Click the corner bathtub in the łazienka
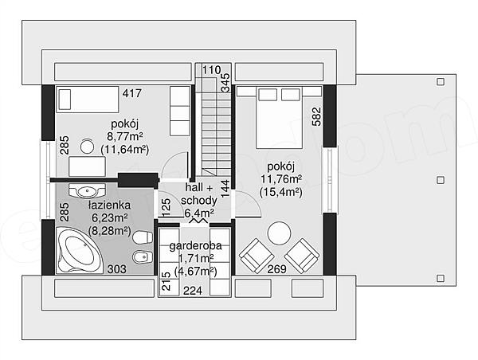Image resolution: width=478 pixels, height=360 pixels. click(x=79, y=251)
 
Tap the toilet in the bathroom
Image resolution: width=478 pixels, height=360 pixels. click(x=143, y=237)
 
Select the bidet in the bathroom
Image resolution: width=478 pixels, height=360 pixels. click(x=143, y=257)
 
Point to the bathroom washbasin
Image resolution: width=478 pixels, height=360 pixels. click(x=87, y=191)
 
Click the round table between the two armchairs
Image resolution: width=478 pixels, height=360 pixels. click(x=279, y=233)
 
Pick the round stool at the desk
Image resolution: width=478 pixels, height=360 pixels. click(x=87, y=146)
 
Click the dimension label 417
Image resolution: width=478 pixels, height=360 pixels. click(x=132, y=93)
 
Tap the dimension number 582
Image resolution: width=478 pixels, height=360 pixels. click(x=317, y=116)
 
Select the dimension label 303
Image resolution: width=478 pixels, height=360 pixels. click(x=117, y=269)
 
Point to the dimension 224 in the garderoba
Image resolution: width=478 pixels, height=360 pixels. click(x=192, y=291)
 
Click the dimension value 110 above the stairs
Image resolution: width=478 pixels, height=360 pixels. click(x=211, y=70)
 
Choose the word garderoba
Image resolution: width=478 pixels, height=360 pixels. click(x=195, y=245)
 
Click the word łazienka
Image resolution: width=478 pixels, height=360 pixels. click(x=109, y=205)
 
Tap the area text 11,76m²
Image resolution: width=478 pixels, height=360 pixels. click(x=281, y=179)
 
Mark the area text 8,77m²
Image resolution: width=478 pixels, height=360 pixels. click(x=125, y=136)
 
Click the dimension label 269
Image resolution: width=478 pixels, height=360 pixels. click(x=276, y=269)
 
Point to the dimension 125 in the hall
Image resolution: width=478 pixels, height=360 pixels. click(x=167, y=207)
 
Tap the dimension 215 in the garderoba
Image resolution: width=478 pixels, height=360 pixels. click(x=167, y=281)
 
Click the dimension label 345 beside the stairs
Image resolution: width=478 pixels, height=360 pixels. click(x=225, y=83)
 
